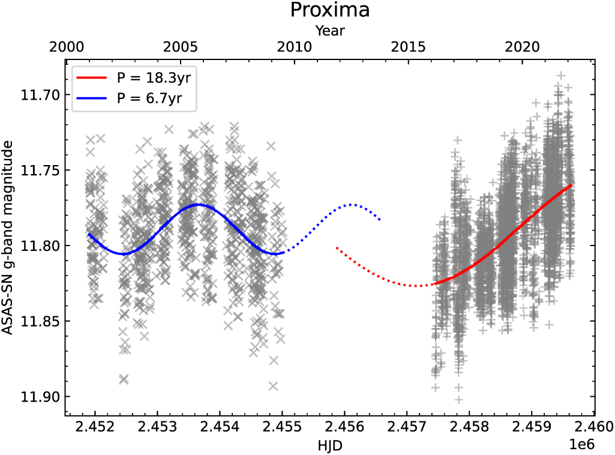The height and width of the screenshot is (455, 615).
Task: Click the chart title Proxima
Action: (329, 10)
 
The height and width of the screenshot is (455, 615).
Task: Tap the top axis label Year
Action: (329, 29)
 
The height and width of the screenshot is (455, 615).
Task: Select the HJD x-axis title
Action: (329, 445)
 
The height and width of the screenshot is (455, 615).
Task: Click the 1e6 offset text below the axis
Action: (581, 443)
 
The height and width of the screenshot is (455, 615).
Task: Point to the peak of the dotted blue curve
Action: (352, 205)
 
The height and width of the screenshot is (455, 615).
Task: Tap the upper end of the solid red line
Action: (572, 185)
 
